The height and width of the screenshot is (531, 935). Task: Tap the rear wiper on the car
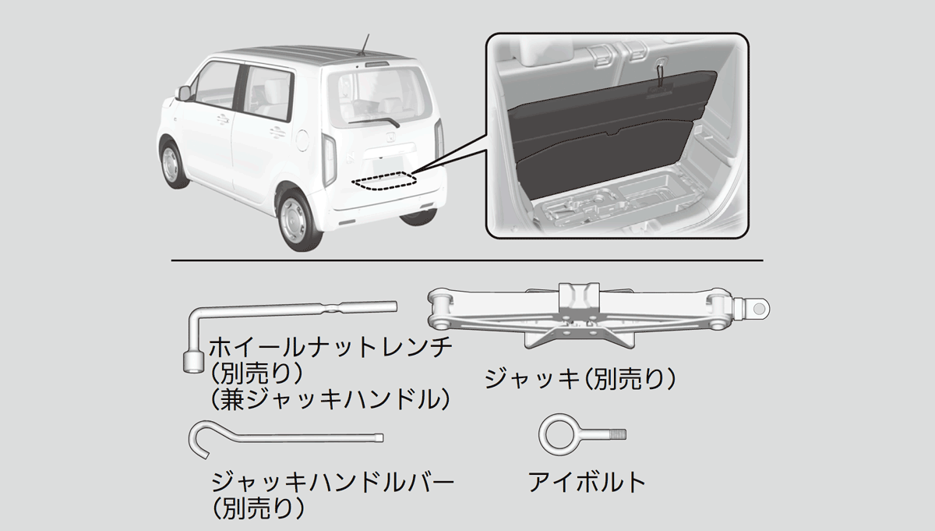374,122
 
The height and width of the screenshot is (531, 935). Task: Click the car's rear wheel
299,221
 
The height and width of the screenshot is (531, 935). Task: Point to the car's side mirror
184,93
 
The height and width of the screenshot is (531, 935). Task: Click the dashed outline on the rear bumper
384,180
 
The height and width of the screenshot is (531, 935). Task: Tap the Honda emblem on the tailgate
391,137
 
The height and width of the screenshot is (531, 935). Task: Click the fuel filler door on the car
302,140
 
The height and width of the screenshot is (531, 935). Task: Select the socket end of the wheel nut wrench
193,361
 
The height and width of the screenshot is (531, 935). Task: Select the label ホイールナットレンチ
330,348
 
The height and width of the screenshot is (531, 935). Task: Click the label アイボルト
587,482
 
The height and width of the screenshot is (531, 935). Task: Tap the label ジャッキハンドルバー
332,482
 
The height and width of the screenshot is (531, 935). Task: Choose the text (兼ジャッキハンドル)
330,400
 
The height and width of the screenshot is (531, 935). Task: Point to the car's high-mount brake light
376,64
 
